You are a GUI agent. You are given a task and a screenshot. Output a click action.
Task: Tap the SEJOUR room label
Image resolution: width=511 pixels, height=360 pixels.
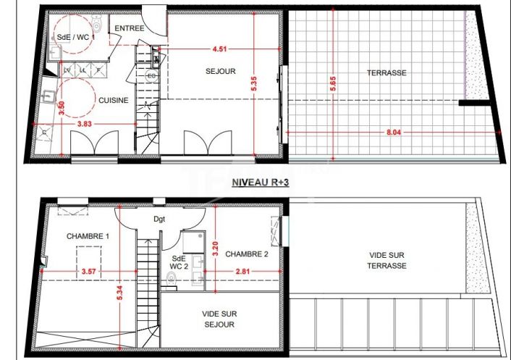[218, 72]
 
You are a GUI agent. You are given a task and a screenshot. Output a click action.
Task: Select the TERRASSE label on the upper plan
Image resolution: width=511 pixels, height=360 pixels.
[386, 72]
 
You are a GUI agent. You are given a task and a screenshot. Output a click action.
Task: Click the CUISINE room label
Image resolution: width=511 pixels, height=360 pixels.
[114, 101]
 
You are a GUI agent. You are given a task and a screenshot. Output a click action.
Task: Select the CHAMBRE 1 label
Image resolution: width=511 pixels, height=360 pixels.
[88, 236]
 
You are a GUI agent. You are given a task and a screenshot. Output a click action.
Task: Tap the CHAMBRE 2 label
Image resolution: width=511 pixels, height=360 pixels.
[247, 254]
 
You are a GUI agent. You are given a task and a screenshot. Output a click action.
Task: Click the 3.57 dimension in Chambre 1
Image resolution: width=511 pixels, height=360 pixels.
[88, 271]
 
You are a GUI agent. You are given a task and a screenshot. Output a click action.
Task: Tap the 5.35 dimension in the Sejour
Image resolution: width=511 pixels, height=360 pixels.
[253, 83]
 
